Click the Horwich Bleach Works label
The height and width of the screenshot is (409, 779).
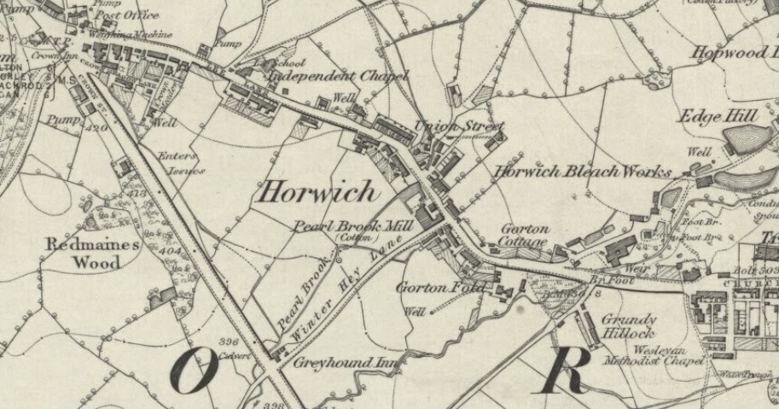tap(582, 171)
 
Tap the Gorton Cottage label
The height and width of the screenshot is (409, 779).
tap(523, 236)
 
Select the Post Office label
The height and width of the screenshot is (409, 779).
tap(129, 15)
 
